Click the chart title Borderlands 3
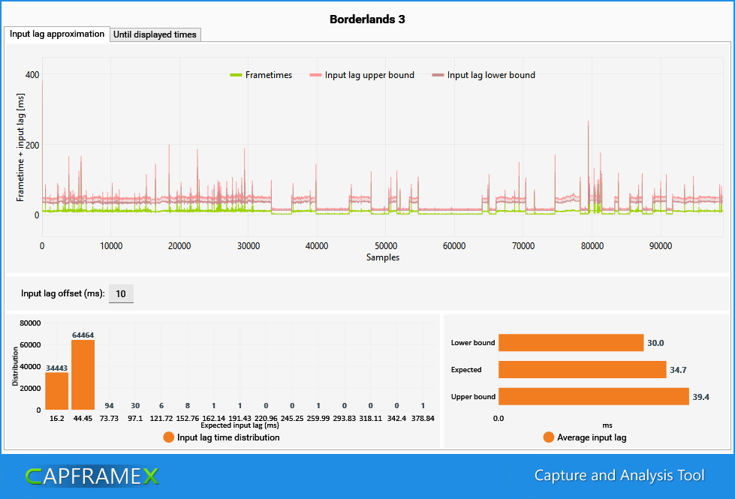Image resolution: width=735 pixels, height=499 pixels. [367, 20]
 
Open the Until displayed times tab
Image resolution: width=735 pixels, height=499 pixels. [155, 35]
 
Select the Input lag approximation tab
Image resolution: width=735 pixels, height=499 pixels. [57, 35]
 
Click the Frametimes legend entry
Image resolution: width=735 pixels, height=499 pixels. [261, 75]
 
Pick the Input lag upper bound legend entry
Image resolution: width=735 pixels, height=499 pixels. [362, 75]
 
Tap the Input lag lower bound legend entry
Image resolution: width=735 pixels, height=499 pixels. [483, 75]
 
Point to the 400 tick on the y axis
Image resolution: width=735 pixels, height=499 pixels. [32, 74]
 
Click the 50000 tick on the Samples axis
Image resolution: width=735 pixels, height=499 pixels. [386, 246]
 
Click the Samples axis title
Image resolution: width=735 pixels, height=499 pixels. [382, 257]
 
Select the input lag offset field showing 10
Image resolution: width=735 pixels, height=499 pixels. [121, 294]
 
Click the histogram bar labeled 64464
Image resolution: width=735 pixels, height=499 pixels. [83, 375]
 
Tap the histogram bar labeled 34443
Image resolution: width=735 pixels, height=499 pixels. [57, 391]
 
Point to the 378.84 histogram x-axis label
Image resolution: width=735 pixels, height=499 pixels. [423, 419]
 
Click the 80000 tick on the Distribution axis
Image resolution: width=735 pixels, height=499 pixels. [31, 323]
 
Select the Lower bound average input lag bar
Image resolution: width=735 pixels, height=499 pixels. [571, 342]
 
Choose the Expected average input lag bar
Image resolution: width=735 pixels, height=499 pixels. [582, 369]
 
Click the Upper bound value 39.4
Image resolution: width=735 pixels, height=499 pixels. [700, 397]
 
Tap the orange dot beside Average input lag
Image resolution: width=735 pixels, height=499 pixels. [549, 437]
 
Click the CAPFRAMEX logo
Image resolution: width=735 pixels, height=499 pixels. [92, 476]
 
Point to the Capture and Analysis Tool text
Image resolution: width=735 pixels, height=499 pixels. [619, 476]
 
